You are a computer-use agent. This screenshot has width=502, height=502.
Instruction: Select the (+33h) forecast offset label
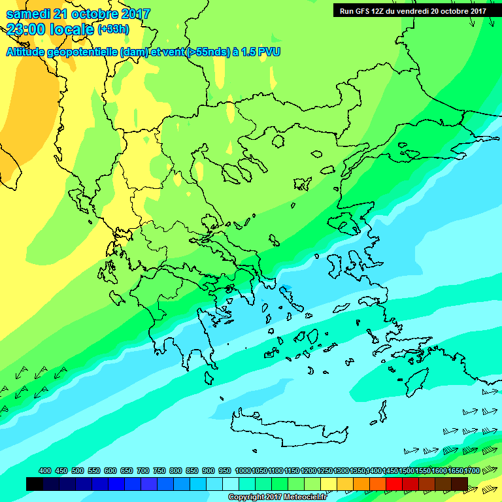[x=113, y=29]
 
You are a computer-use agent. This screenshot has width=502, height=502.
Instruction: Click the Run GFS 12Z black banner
[x=412, y=10]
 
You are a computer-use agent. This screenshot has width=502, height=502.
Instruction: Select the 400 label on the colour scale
[x=44, y=471]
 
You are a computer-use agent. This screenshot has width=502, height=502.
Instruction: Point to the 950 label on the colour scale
[x=224, y=471]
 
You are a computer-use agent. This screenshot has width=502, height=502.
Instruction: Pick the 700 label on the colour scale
[x=142, y=471]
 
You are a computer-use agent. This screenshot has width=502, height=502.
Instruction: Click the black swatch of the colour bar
[x=35, y=484]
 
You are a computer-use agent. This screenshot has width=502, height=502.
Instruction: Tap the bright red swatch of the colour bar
[x=395, y=484]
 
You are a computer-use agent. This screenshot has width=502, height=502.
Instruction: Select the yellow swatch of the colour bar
[x=329, y=484]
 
